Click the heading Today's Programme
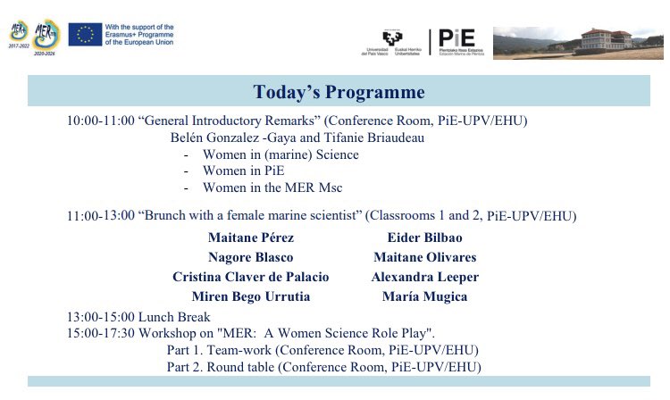click(339, 92)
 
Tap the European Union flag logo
click(85, 34)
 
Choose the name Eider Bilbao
click(425, 238)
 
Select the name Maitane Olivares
click(425, 257)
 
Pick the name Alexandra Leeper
click(425, 277)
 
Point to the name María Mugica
click(425, 296)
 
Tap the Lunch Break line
click(138, 317)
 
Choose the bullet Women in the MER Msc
click(272, 187)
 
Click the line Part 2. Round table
click(323, 366)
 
